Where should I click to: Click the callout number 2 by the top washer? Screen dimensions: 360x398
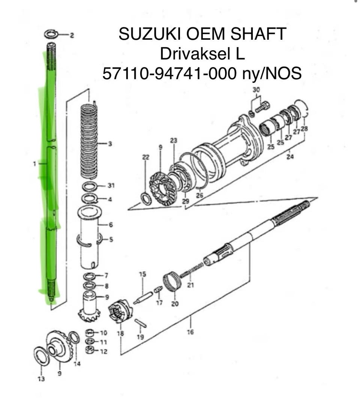coord(72,35)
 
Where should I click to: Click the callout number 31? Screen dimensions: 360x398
coord(111,186)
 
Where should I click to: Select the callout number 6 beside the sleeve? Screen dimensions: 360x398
coord(111,224)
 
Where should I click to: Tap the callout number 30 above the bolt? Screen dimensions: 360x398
coord(256,90)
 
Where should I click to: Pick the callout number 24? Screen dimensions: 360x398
coord(290,157)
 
